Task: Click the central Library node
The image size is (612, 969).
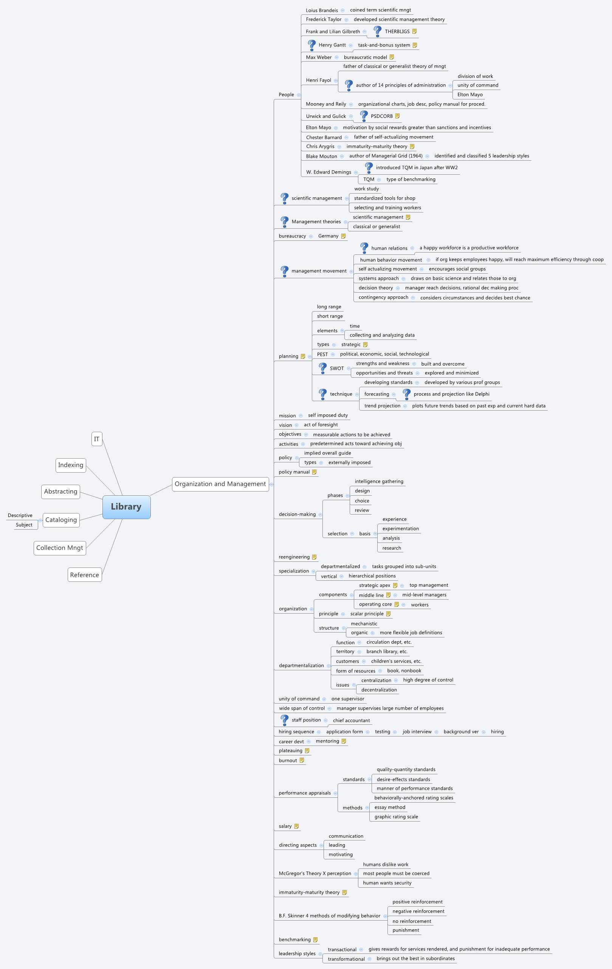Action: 126,507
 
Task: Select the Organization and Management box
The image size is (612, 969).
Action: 220,484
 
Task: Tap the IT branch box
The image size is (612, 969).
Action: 96,439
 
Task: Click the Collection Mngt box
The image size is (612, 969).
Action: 60,548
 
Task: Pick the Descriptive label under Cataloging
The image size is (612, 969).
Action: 20,515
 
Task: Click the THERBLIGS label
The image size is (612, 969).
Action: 397,31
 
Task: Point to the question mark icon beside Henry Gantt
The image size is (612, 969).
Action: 311,45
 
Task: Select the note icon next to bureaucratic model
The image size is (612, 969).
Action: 392,57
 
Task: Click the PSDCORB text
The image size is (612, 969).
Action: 381,116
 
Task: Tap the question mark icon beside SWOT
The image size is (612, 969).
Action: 323,368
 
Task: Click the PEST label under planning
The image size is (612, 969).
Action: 322,354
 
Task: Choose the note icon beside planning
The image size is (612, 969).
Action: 303,356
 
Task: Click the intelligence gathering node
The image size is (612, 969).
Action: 379,481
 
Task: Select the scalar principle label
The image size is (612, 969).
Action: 367,614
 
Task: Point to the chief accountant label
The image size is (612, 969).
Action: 351,720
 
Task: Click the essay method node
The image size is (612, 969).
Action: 389,807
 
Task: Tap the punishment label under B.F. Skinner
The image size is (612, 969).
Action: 406,930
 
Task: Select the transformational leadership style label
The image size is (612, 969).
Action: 346,959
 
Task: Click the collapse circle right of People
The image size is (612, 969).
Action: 299,95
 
